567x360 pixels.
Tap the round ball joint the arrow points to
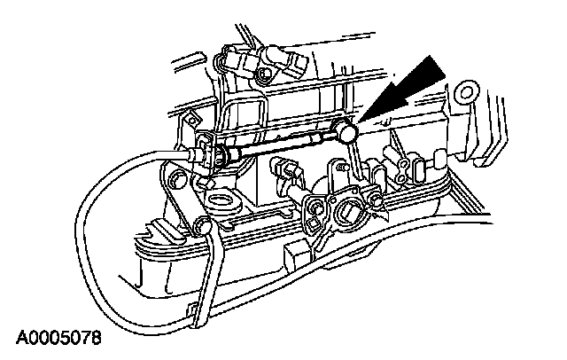pos(347,133)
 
